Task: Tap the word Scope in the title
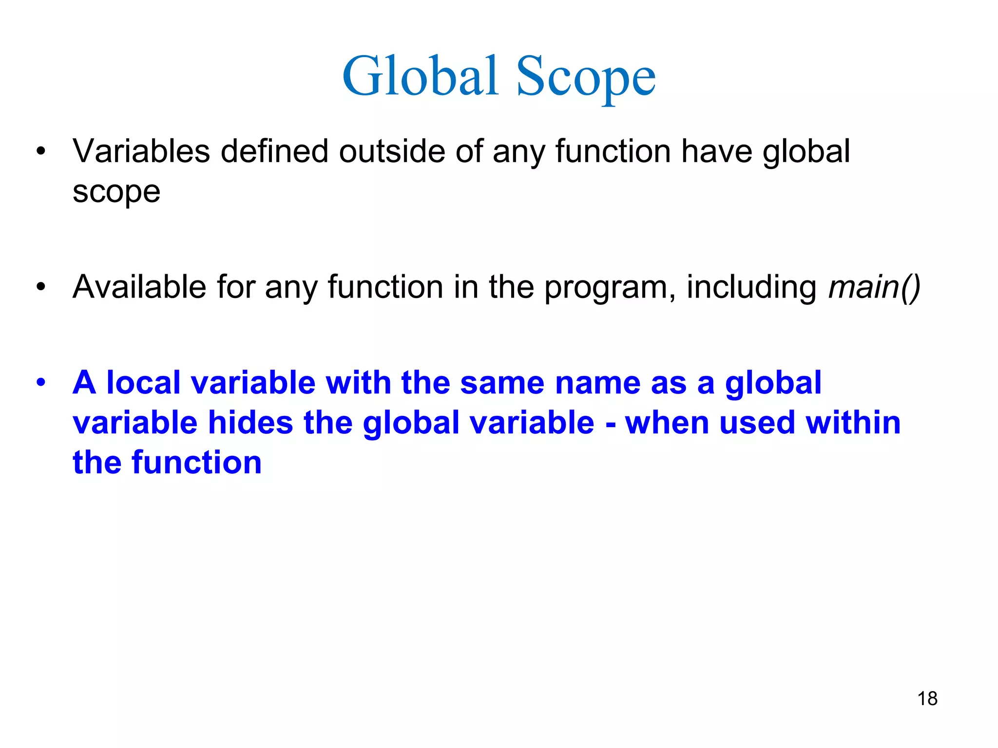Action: point(586,78)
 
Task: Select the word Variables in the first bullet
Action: point(141,151)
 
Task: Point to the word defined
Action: point(274,151)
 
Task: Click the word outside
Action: point(392,151)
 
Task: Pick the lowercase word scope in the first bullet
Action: point(116,192)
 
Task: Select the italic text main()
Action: point(874,287)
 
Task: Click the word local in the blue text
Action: point(143,382)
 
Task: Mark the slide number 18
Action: point(927,699)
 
